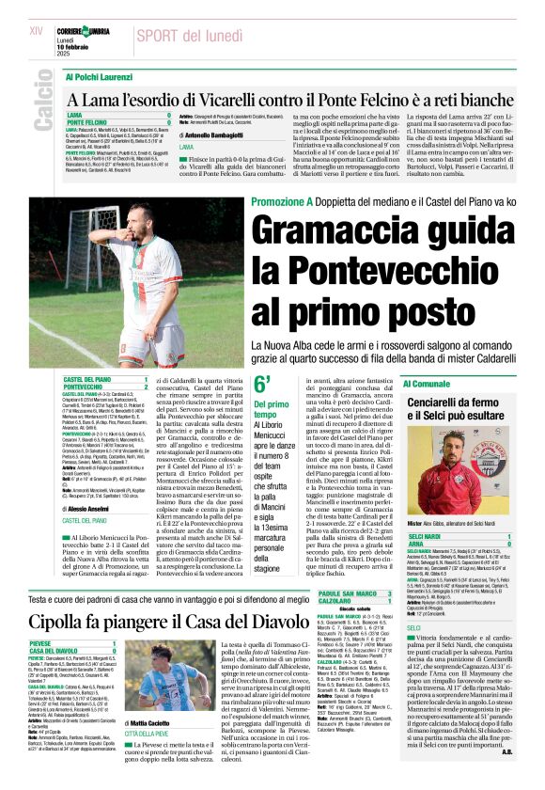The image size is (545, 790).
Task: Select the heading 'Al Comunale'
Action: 427,384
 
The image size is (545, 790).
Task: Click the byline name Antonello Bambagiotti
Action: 220,134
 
